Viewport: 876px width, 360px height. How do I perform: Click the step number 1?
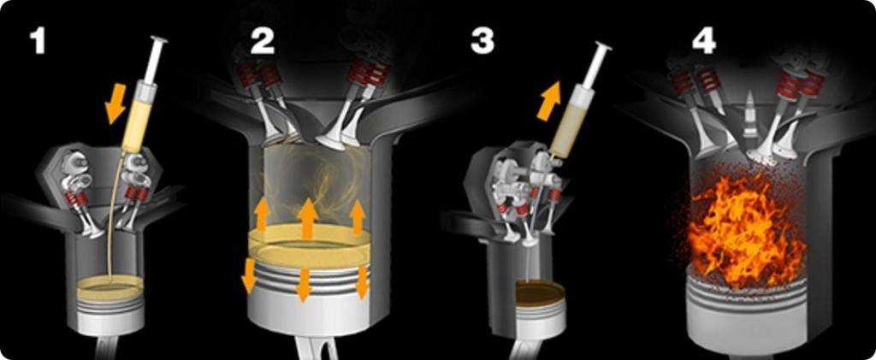pyautogui.click(x=38, y=40)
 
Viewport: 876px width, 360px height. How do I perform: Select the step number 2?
pyautogui.click(x=263, y=40)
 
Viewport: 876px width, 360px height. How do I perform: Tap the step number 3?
pyautogui.click(x=482, y=40)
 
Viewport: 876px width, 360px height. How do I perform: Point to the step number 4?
pyautogui.click(x=703, y=40)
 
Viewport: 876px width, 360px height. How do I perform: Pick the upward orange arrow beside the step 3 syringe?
pyautogui.click(x=548, y=100)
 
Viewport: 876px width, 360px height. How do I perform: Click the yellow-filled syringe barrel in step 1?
pyautogui.click(x=135, y=117)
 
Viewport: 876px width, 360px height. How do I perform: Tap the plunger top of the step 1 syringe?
pyautogui.click(x=158, y=41)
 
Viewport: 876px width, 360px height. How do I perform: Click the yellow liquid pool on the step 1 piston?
pyautogui.click(x=110, y=286)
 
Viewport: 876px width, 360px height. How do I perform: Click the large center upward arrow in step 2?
pyautogui.click(x=308, y=218)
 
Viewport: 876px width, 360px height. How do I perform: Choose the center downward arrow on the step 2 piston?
pyautogui.click(x=304, y=285)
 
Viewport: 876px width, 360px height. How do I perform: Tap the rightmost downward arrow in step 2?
pyautogui.click(x=362, y=282)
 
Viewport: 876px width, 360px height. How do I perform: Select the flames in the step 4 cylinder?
pyautogui.click(x=746, y=229)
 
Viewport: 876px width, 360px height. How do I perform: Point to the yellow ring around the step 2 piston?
pyautogui.click(x=310, y=246)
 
